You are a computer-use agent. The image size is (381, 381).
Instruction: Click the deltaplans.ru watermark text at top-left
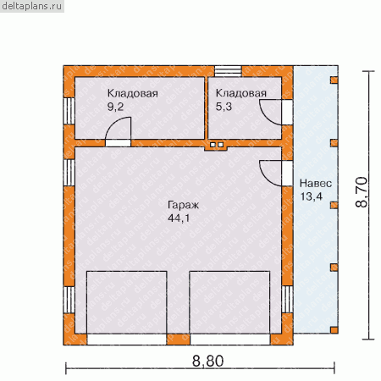coord(31,6)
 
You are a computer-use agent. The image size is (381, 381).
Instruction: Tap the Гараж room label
coord(183,205)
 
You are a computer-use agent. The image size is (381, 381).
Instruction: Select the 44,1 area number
coord(179,218)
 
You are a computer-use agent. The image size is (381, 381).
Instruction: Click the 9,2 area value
coord(115,107)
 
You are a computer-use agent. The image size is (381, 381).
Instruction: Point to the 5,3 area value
coord(224,107)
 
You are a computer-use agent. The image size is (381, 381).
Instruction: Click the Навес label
coord(316,183)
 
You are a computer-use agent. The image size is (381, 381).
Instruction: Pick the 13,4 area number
coord(311,196)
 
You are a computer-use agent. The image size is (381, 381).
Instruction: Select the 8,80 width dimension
coord(207,361)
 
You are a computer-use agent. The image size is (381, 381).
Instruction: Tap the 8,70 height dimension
coord(362,192)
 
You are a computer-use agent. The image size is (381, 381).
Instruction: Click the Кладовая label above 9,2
coord(133,93)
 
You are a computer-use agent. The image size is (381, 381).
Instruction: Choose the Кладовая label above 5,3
coord(241,93)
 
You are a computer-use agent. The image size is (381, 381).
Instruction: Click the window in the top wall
coord(228,71)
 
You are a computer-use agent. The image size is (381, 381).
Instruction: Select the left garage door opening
coord(126,340)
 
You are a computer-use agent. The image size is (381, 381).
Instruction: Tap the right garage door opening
coord(230,340)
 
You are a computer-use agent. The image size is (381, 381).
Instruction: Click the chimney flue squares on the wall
coord(217,145)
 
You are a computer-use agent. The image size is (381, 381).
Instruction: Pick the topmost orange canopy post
coord(334,80)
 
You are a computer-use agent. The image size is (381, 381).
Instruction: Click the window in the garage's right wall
coord(287,299)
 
